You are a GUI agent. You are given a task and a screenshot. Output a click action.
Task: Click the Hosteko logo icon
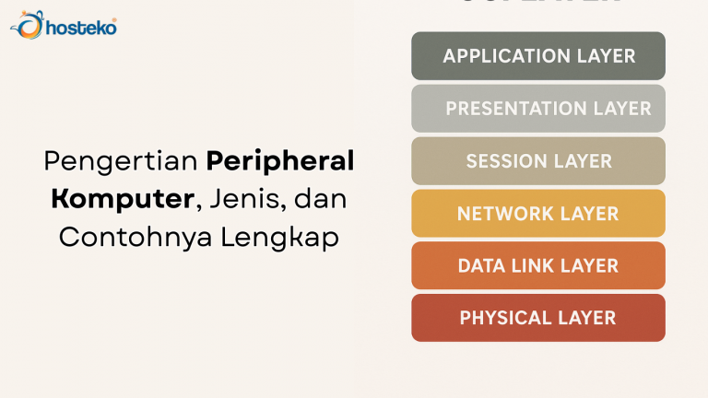click(27, 25)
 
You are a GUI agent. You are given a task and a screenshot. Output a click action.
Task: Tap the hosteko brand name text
click(81, 28)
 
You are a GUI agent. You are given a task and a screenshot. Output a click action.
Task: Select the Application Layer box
click(538, 56)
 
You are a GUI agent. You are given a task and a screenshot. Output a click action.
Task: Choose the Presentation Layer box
click(538, 109)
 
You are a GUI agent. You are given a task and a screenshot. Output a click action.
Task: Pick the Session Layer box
click(538, 161)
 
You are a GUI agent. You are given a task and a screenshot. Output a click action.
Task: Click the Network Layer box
click(538, 214)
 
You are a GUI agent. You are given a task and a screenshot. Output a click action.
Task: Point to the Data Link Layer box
click(538, 266)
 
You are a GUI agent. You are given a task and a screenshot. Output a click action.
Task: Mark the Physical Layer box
click(538, 319)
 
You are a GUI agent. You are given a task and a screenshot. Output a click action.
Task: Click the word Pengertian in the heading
click(121, 162)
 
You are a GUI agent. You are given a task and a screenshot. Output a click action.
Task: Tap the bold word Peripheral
click(280, 161)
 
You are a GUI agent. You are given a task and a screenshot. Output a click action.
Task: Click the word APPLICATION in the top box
click(502, 56)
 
